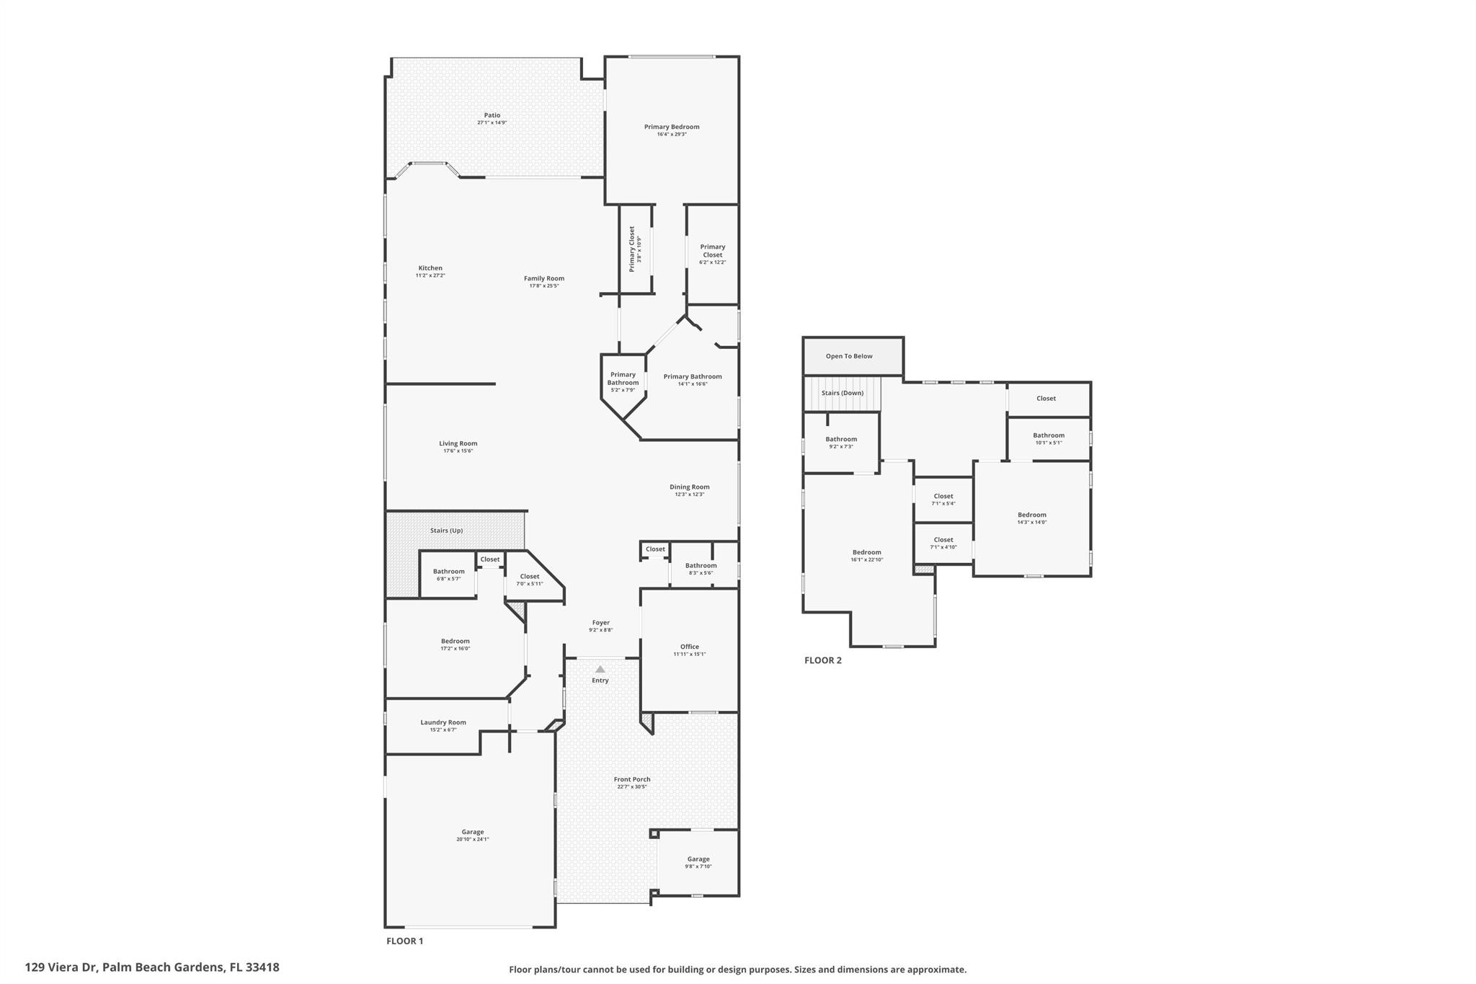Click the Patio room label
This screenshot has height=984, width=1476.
point(492,115)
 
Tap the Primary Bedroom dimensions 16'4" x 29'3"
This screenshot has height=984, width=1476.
point(671,135)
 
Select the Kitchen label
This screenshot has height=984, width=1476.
point(430,268)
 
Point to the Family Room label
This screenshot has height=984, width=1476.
point(543,278)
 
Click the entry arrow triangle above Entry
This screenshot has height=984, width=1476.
point(600,670)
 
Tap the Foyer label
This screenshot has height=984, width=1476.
point(600,623)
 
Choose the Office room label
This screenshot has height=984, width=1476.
point(689,647)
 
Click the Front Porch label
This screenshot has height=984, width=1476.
point(631,779)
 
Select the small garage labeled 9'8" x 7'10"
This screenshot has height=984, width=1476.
point(698,862)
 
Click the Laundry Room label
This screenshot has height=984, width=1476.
point(443,722)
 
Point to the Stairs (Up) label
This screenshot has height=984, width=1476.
point(446,531)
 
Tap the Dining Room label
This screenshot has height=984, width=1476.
point(689,487)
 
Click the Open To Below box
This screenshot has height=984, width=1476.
point(849,356)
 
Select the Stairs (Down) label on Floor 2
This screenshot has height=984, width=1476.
point(842,393)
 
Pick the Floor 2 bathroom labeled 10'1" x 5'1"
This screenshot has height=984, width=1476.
point(1048,438)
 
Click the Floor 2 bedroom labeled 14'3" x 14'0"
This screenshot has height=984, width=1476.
point(1031,518)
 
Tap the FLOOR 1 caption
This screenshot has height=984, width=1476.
point(404,941)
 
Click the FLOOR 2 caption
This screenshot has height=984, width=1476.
point(822,660)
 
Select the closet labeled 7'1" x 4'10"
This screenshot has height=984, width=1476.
point(943,543)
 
